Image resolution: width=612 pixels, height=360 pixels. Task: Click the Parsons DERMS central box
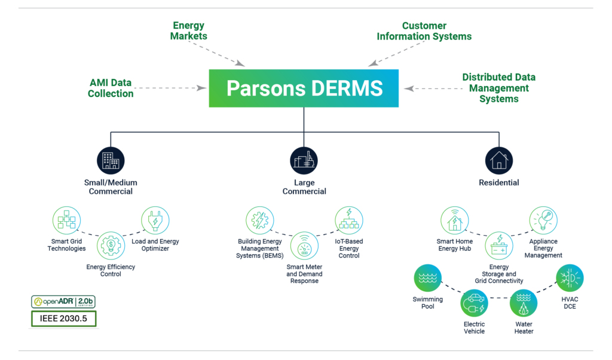(304, 88)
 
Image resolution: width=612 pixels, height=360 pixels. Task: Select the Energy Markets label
(188, 30)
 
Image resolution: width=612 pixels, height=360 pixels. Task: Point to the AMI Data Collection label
(111, 88)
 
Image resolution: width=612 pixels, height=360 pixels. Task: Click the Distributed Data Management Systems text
(498, 88)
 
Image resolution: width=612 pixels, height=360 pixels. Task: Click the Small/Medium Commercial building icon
(111, 161)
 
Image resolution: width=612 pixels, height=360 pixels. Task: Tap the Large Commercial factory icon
(304, 161)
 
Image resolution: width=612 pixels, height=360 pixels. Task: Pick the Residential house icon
(498, 161)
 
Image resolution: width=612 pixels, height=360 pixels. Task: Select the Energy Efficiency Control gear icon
(111, 245)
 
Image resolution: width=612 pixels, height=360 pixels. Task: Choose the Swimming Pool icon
(428, 278)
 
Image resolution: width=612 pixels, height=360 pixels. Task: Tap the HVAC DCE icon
(569, 278)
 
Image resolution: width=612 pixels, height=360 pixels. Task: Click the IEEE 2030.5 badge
(63, 319)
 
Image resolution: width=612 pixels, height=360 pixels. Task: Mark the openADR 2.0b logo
(63, 301)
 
